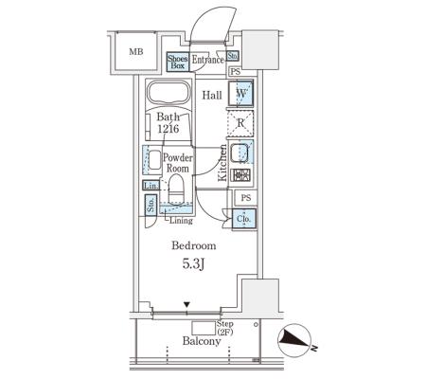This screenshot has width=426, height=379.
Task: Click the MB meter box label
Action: click(x=136, y=51)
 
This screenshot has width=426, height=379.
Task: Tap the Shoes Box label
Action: click(x=177, y=62)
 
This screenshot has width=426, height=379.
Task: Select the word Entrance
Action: click(x=208, y=60)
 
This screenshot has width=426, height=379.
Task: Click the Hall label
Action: click(x=212, y=95)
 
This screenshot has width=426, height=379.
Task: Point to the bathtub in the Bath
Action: click(x=169, y=93)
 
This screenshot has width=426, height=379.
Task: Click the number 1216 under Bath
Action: click(x=169, y=129)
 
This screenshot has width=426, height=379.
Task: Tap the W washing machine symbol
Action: click(x=240, y=94)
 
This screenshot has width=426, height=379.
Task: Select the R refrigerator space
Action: click(x=240, y=123)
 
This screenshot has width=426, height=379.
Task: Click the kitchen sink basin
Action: click(x=240, y=153)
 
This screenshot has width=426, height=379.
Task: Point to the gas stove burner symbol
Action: click(x=240, y=175)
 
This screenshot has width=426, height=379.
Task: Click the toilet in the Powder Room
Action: click(x=176, y=189)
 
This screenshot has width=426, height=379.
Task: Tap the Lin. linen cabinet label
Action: click(x=151, y=186)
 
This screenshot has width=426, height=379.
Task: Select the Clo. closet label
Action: click(x=244, y=219)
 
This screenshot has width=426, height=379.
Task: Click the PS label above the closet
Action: click(x=246, y=198)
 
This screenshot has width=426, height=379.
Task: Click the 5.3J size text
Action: click(x=193, y=263)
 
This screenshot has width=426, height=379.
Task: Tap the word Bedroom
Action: click(x=194, y=245)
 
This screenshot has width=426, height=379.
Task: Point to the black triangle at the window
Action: click(x=187, y=305)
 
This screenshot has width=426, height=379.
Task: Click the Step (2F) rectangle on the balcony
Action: click(x=204, y=328)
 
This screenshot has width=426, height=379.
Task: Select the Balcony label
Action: click(x=202, y=341)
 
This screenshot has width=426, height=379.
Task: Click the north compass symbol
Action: click(x=294, y=340)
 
